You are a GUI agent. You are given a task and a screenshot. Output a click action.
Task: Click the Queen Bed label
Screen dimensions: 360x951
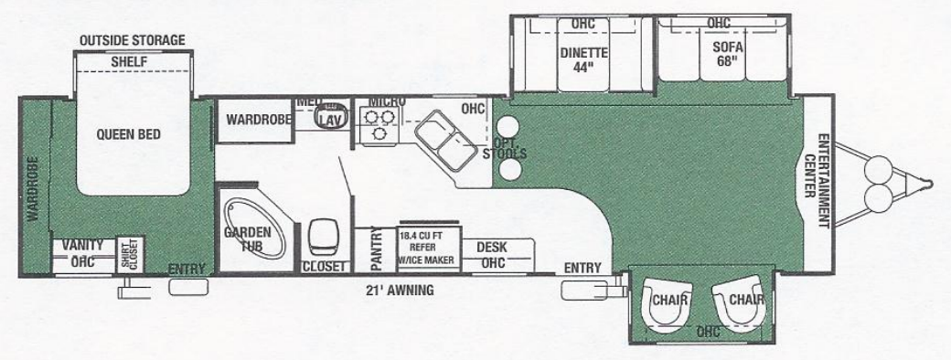click(128, 134)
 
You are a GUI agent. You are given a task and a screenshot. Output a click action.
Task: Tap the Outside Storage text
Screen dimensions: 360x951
click(133, 40)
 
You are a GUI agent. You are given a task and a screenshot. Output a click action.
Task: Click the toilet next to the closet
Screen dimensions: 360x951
click(322, 238)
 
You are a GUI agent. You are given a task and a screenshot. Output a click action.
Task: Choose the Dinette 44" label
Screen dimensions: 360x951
click(584, 58)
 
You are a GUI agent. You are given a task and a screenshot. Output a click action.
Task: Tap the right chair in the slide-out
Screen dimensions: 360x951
click(741, 301)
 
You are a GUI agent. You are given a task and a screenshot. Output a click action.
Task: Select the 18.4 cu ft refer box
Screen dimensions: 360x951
click(425, 248)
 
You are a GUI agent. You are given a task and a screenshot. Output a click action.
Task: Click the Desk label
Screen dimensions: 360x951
click(493, 247)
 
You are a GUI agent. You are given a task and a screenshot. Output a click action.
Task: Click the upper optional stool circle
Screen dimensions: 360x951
click(508, 127)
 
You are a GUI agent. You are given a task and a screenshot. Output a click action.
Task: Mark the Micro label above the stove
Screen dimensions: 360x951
click(380, 100)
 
